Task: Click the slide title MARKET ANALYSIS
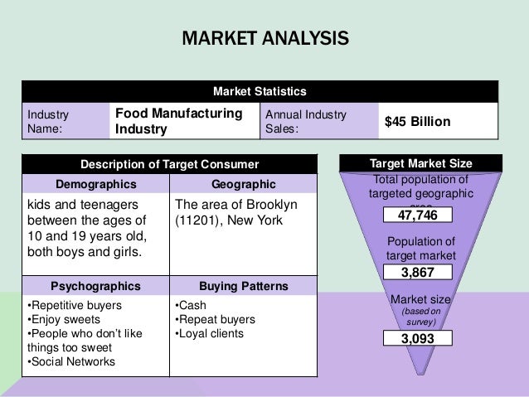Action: point(264,39)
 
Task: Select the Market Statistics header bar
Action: point(260,90)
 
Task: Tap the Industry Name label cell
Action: point(64,121)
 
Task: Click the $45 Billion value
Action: point(417,122)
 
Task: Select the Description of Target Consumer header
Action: point(169,164)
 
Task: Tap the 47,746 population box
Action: point(417,215)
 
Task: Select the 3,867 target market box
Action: point(417,272)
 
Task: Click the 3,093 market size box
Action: point(417,338)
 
